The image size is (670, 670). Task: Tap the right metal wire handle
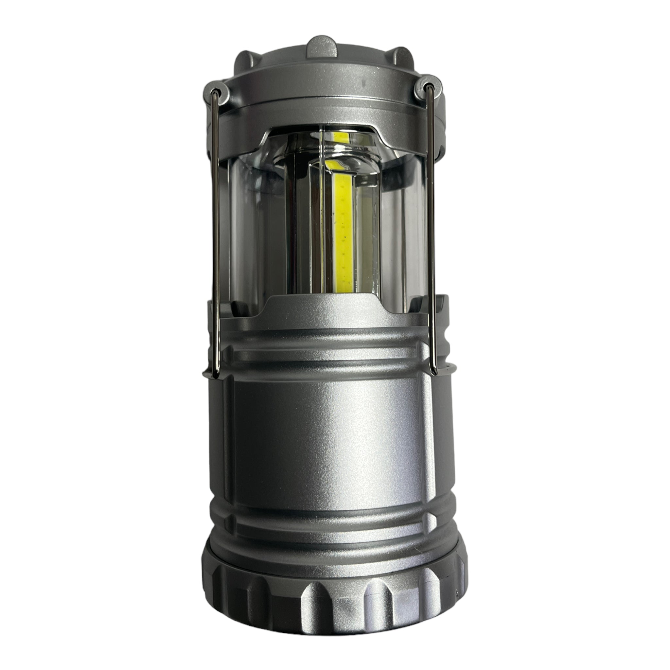point(432,236)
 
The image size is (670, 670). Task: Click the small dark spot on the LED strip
point(345,238)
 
